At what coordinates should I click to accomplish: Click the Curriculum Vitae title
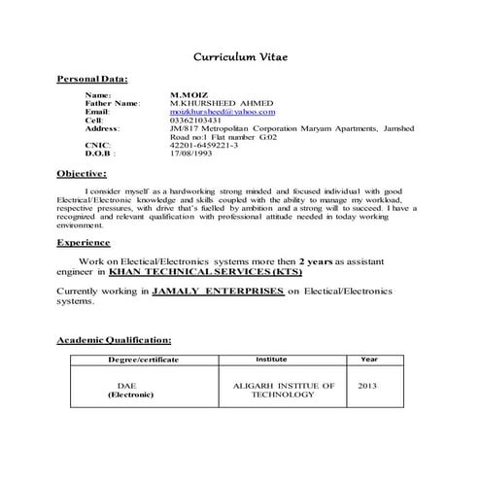coord(240,57)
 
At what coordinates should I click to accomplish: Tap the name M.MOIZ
coord(188,95)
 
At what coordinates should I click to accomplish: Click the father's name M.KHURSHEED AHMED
coord(222,103)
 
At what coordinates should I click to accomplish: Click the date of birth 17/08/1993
coord(192,153)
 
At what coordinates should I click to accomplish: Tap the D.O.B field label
coord(100,153)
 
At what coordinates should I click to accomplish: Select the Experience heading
coord(84,242)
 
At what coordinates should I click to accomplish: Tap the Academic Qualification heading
coord(115,341)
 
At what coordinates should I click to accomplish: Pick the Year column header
coord(368,360)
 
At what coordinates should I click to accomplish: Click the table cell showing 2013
coord(367,386)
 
